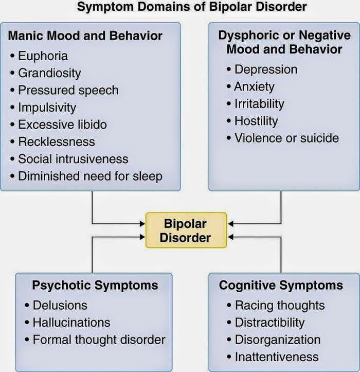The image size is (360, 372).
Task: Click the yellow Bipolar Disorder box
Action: point(186,230)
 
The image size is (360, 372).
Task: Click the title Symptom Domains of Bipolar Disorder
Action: point(192,7)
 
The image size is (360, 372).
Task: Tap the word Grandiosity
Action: point(49,73)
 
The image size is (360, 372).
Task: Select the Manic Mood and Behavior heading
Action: point(85,36)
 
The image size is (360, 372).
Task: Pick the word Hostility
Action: point(256,121)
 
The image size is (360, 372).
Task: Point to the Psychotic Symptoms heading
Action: point(95,285)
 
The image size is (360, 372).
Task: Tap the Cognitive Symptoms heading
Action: point(281,285)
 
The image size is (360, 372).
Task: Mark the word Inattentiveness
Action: point(277,357)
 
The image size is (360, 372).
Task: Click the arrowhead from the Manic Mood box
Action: point(142,224)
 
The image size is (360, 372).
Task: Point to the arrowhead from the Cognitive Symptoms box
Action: point(230,237)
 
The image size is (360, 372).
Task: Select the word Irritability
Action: point(259,104)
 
